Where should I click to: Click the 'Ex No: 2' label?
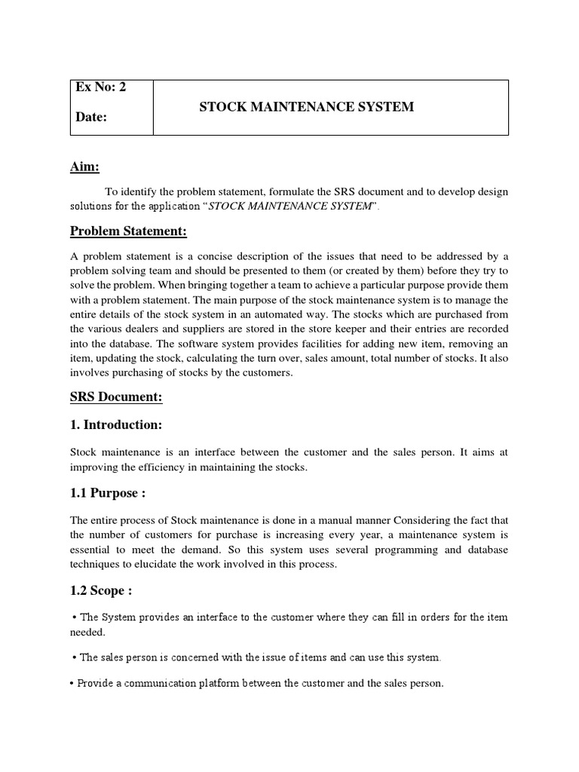[x=100, y=87]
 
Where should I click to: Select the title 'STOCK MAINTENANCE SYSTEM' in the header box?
[x=306, y=107]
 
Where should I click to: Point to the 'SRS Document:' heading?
[x=116, y=397]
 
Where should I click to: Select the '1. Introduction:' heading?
[x=116, y=425]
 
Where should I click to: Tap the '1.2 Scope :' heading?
[x=102, y=590]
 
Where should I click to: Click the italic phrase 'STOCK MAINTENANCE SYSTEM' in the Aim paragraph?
[x=290, y=207]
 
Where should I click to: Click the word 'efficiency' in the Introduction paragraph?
[x=160, y=468]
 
